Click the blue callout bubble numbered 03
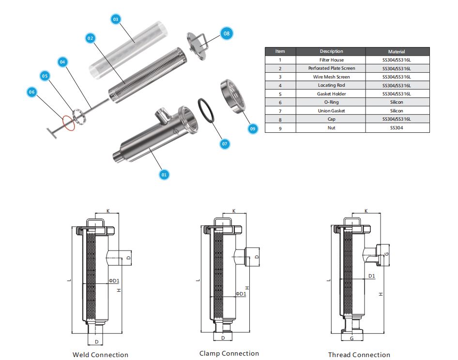(115, 19)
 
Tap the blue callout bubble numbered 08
(226, 33)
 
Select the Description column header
(331, 51)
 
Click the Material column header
(397, 51)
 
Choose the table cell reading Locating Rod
(331, 85)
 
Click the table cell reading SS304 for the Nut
(397, 128)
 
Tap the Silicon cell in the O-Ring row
(397, 102)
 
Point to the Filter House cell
(331, 60)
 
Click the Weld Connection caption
(100, 355)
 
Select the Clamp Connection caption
(229, 353)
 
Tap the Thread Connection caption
(359, 355)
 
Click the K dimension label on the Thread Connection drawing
(366, 211)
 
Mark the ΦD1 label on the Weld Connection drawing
(114, 281)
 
